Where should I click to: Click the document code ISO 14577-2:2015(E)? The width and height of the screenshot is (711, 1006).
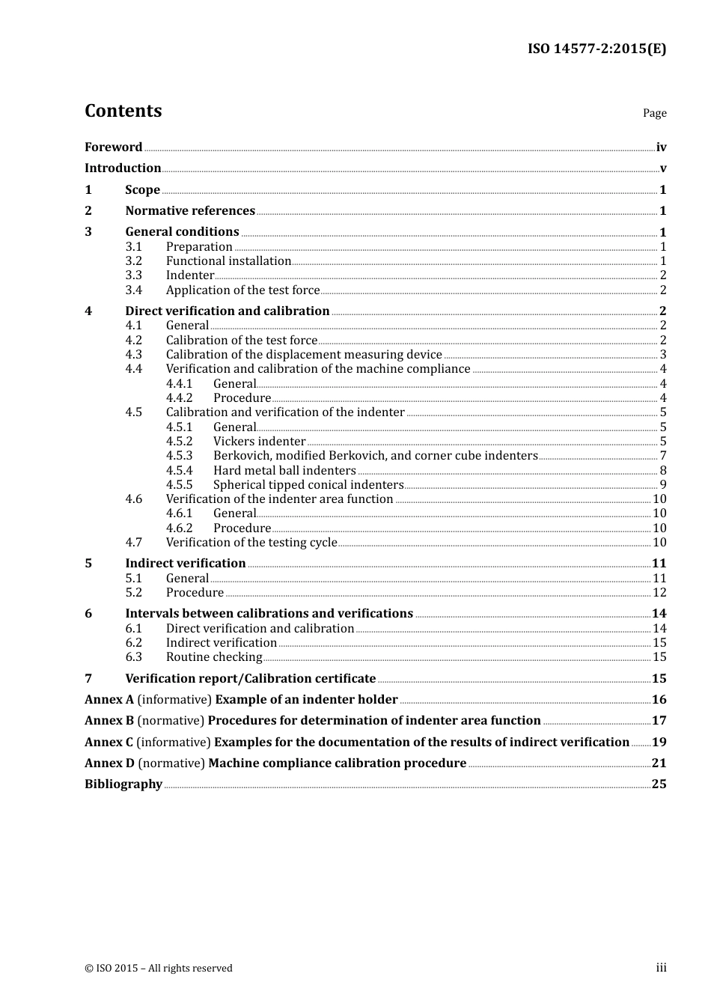pos(596,49)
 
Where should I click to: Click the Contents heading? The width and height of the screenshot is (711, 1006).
pos(123,111)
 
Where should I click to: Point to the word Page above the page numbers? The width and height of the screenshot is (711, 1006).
pos(654,113)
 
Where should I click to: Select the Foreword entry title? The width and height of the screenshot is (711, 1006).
pos(113,147)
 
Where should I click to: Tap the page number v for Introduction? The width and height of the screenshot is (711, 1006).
pos(662,168)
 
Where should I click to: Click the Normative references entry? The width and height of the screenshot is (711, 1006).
pos(190,211)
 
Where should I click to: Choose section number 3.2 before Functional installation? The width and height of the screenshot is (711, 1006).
pos(134,261)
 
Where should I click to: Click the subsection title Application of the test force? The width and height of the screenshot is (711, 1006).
pos(242,290)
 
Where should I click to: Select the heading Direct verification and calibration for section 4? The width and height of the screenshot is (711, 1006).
pos(228,311)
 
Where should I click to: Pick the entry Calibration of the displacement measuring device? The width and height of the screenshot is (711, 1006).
pos(304,355)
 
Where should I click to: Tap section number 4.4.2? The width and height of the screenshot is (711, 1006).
pos(180,398)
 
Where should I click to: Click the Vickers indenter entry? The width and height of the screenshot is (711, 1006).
pos(259,442)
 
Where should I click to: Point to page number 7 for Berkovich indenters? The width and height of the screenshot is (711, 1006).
pos(663,456)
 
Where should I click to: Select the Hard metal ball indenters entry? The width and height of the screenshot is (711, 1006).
pos(284,471)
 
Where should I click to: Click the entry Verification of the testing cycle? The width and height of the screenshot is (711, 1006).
pos(251,543)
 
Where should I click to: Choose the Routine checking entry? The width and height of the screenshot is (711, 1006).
pos(214,657)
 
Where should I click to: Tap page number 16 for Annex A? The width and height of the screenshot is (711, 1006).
pos(659,700)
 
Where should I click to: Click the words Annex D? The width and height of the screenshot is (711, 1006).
pos(109,763)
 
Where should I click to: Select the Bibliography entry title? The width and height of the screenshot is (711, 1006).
pos(123,784)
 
